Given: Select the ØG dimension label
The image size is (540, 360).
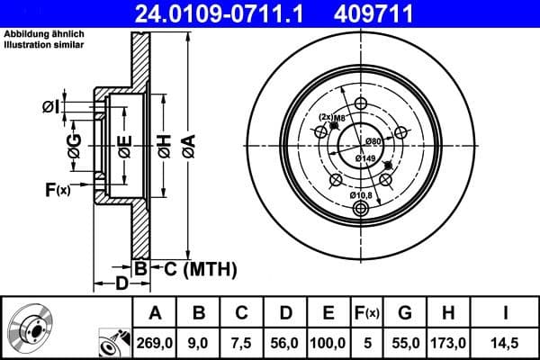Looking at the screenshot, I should coord(75,145).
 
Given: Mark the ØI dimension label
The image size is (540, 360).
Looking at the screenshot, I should coord(52,108).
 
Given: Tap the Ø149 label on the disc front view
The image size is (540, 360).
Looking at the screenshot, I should coord(364,159).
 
